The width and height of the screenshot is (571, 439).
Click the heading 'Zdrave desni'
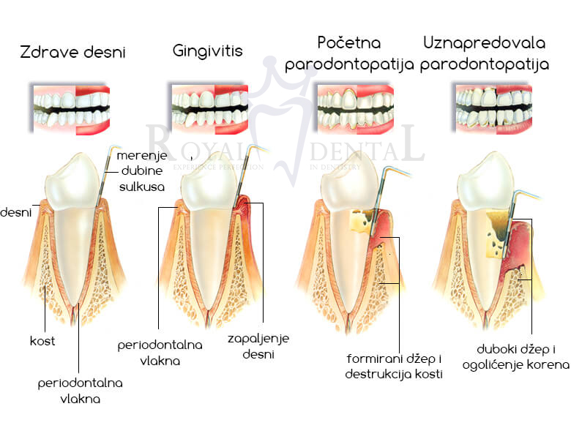tap(72, 52)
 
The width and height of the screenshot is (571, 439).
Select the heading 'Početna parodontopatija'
tap(349, 53)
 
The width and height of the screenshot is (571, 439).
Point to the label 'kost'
tap(42, 341)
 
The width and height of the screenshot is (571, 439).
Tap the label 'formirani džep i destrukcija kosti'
tap(395, 367)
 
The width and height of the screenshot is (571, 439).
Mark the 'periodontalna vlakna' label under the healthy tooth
tap(81, 391)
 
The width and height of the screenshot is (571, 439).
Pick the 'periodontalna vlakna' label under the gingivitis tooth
tap(160, 352)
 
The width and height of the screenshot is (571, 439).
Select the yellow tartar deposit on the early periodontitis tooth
tap(360, 220)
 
